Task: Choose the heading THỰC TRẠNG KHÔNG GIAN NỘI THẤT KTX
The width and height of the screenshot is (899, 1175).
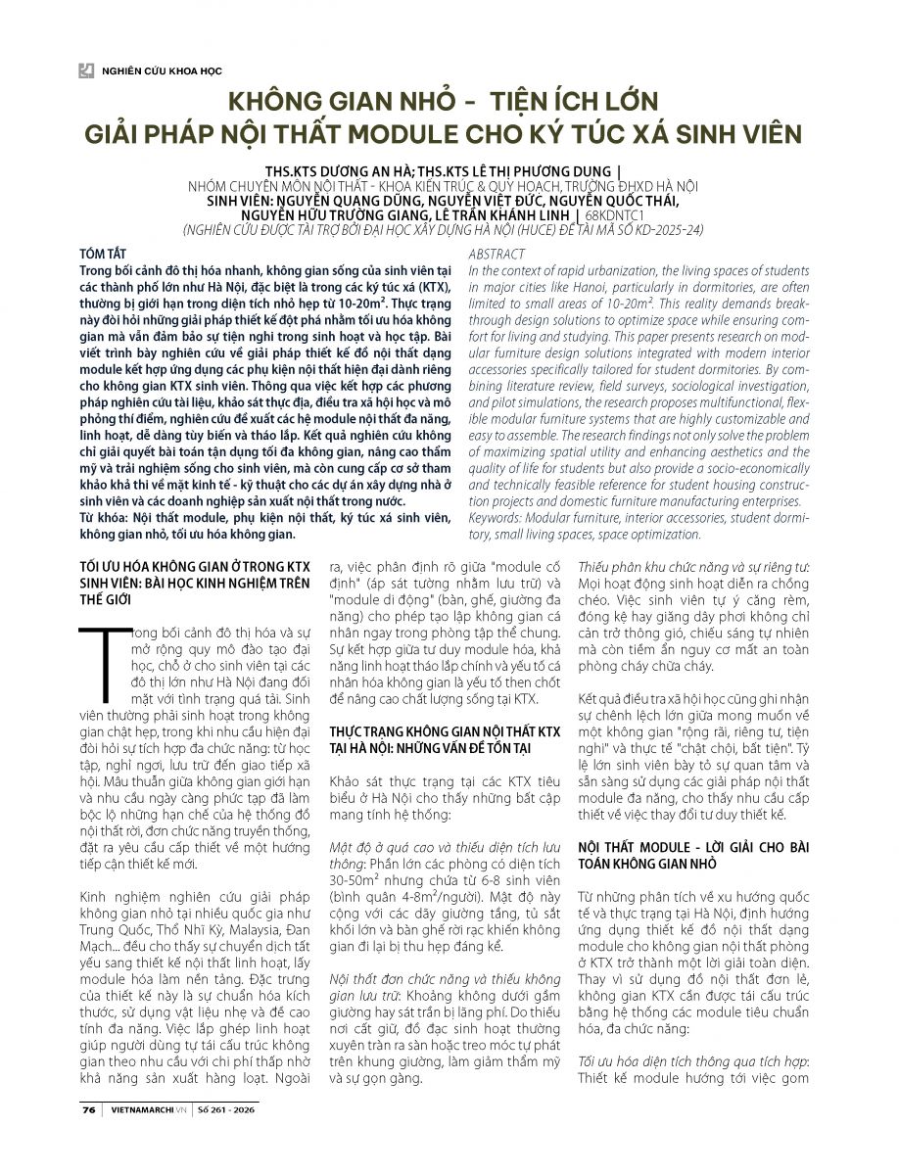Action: [x=445, y=731]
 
